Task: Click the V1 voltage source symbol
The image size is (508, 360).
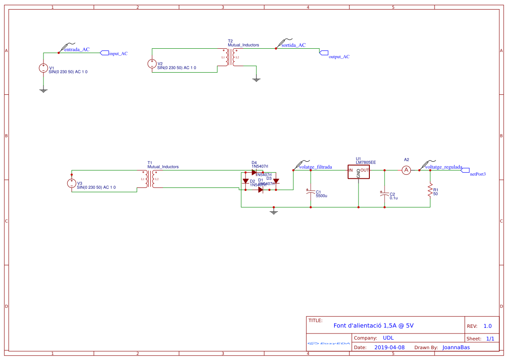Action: (43, 68)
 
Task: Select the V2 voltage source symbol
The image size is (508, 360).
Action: (152, 63)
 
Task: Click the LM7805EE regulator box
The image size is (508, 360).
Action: (358, 171)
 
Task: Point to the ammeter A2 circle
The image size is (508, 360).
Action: (406, 170)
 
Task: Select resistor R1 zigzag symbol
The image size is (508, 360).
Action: (430, 190)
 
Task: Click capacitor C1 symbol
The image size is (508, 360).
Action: (310, 192)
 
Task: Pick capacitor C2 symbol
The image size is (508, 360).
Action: (384, 193)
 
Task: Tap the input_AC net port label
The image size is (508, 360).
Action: (118, 53)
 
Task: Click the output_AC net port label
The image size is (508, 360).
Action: (339, 57)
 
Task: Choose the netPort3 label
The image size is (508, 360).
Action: (478, 174)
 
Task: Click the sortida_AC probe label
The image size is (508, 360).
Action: (293, 45)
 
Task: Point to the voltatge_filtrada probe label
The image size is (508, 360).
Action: (315, 167)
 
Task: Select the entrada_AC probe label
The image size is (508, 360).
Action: (76, 50)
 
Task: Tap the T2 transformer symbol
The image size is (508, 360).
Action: (230, 57)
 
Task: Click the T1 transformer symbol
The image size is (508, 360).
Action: (150, 179)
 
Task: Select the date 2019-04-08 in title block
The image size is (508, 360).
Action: (389, 347)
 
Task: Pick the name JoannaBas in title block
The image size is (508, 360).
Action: (456, 347)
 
